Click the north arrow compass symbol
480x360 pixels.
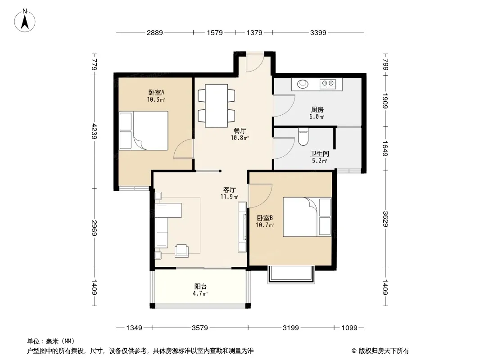(x=25, y=21)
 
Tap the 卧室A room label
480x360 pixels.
(x=156, y=92)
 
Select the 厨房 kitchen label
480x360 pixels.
(x=317, y=109)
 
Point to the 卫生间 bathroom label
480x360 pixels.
(x=319, y=153)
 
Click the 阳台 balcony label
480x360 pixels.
(x=200, y=287)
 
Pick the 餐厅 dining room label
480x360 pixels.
(x=240, y=130)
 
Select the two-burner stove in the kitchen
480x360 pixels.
(x=328, y=84)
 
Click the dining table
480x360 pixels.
(x=217, y=105)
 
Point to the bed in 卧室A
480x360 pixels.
(x=144, y=130)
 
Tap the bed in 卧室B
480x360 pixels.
(x=307, y=217)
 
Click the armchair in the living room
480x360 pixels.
(x=181, y=251)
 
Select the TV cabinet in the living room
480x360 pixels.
(x=242, y=227)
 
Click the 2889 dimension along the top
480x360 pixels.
(x=154, y=32)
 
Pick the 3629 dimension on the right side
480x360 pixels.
(x=385, y=219)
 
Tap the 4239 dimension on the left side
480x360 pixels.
(x=94, y=131)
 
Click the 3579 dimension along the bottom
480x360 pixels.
(x=200, y=328)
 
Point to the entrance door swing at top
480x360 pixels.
(x=255, y=63)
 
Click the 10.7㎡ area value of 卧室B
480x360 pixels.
(x=265, y=225)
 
